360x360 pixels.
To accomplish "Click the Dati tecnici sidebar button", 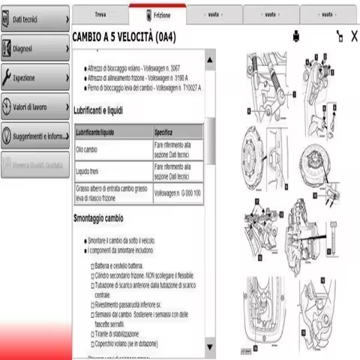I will click(34, 17).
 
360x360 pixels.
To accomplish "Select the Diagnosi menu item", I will click(34, 49).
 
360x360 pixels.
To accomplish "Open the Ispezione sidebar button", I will click(34, 76).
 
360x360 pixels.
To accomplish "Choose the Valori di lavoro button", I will click(34, 106).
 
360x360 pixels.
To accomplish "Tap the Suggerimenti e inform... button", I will click(34, 136).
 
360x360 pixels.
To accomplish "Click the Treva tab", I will click(100, 14).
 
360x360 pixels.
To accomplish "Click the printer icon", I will click(296, 35).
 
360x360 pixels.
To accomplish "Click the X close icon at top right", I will click(354, 35).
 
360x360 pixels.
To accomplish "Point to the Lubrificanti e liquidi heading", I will click(109, 110).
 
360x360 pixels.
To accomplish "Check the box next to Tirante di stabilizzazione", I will click(93, 333).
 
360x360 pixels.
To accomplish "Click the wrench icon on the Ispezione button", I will click(7, 76).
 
